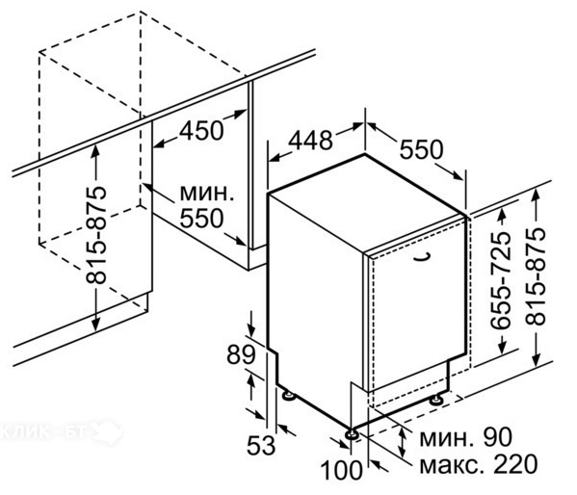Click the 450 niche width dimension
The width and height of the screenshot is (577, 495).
pyautogui.click(x=201, y=131)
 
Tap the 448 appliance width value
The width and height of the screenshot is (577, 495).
pyautogui.click(x=310, y=141)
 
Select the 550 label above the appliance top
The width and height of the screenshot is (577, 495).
pyautogui.click(x=421, y=149)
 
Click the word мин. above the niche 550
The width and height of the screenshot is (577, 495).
pyautogui.click(x=207, y=194)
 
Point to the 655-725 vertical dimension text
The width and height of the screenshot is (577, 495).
pyautogui.click(x=501, y=280)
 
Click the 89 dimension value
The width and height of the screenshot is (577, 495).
pyautogui.click(x=241, y=355)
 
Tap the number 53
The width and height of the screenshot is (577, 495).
pyautogui.click(x=261, y=445)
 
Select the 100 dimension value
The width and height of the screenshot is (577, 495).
pyautogui.click(x=342, y=470)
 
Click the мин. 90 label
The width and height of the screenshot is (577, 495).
pyautogui.click(x=466, y=437)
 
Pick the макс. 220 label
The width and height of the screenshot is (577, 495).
pyautogui.click(x=479, y=464)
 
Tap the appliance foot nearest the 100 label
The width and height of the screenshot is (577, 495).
pyautogui.click(x=352, y=434)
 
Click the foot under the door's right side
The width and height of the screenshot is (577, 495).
pyautogui.click(x=437, y=399)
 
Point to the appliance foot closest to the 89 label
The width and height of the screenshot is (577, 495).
pyautogui.click(x=288, y=395)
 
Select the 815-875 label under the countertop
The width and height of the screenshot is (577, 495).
pyautogui.click(x=95, y=236)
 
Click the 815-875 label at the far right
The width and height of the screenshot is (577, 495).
pyautogui.click(x=536, y=276)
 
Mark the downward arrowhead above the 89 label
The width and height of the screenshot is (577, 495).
pyautogui.click(x=251, y=329)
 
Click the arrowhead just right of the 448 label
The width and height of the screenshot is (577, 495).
pyautogui.click(x=355, y=127)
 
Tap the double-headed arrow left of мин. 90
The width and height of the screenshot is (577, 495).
pyautogui.click(x=403, y=442)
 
